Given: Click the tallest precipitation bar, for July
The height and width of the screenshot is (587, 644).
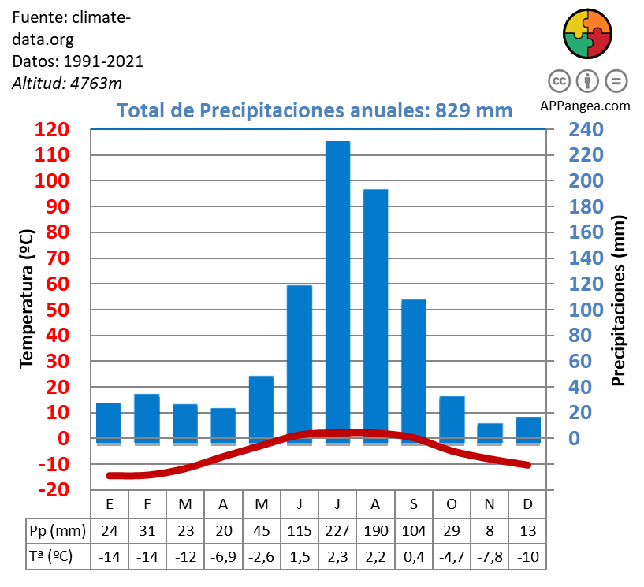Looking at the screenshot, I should tap(337, 284).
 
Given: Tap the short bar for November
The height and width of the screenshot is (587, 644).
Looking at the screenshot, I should tap(490, 433).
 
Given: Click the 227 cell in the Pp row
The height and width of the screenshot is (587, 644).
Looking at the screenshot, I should tap(337, 530).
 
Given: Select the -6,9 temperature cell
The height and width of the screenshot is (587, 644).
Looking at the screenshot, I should tap(223, 556).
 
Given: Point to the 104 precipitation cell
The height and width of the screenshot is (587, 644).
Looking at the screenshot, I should tap(414, 530).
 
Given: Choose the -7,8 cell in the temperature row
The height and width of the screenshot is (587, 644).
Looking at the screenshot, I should tap(490, 556).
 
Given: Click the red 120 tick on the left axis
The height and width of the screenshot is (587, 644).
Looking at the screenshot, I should tap(53, 130).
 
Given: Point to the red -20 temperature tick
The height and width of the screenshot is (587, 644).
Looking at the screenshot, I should tap(53, 490).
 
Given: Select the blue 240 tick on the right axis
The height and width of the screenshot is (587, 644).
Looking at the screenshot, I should tap(586, 130).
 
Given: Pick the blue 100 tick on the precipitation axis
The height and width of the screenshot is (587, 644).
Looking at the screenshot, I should tap(586, 310).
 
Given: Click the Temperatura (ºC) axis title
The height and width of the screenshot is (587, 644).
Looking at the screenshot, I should tap(27, 299).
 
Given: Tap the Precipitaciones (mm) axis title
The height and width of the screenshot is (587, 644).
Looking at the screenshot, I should tap(619, 299).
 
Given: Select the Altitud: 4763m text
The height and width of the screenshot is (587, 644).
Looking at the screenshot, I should tap(67, 83).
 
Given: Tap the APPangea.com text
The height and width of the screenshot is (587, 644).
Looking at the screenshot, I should tap(586, 105).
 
